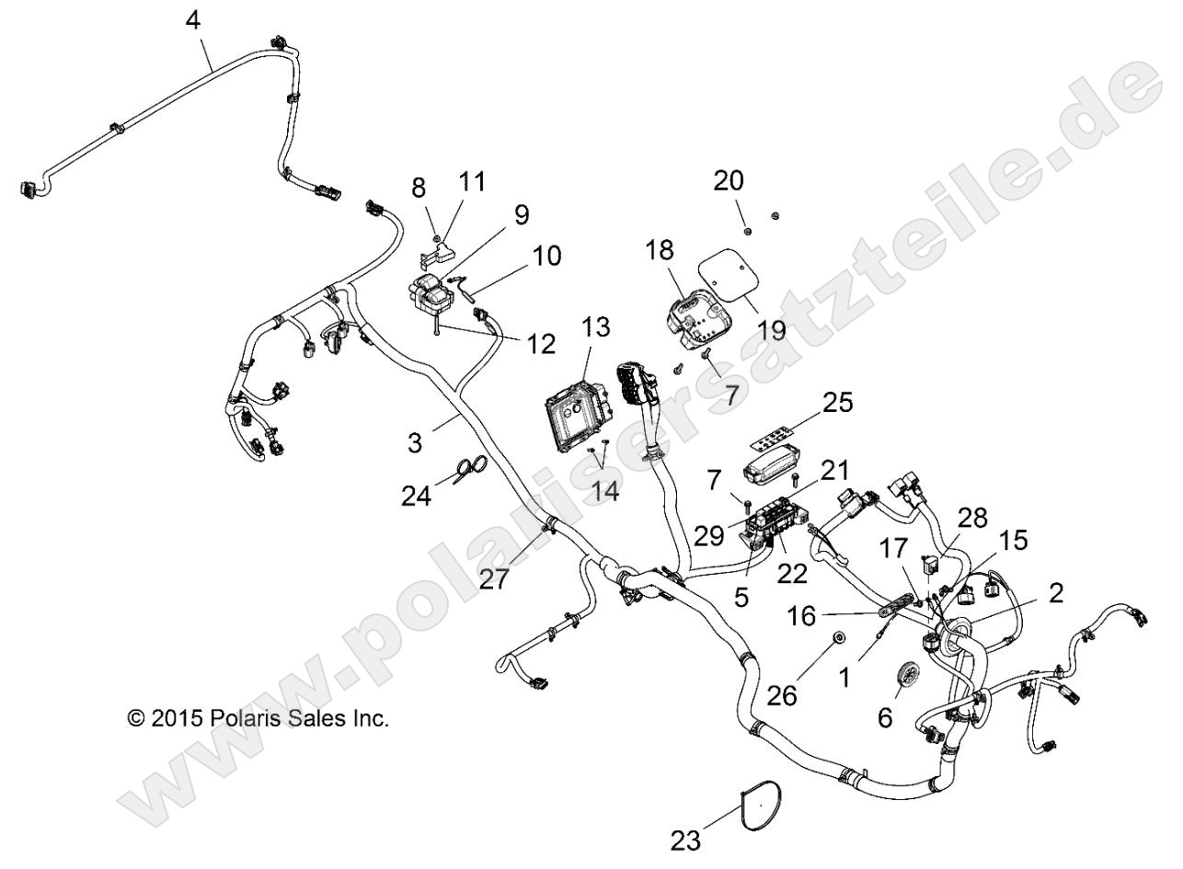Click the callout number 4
(x=193, y=20)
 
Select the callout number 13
(x=596, y=326)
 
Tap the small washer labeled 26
(x=838, y=640)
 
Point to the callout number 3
(x=417, y=443)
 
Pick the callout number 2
(x=1055, y=592)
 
